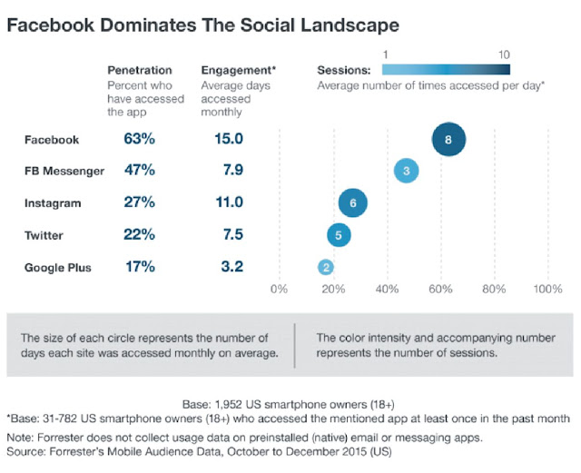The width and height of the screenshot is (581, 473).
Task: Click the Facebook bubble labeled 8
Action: click(448, 140)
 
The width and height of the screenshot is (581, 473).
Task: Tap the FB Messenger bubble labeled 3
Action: click(407, 171)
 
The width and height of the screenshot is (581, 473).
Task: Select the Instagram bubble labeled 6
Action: click(353, 203)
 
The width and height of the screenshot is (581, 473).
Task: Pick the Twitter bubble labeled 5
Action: click(339, 235)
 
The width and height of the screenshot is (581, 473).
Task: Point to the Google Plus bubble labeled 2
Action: click(326, 267)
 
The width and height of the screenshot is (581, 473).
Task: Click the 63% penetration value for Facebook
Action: click(140, 140)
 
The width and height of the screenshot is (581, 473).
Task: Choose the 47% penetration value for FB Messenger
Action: click(140, 171)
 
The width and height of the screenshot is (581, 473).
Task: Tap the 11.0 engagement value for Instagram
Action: click(224, 203)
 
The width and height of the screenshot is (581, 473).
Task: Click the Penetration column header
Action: click(140, 70)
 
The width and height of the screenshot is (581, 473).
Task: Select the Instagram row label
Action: click(54, 203)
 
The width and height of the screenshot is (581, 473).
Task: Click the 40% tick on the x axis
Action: click(387, 290)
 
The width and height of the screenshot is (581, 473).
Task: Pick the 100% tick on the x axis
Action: click(547, 290)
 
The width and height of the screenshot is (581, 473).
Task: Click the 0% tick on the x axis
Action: click(279, 290)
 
